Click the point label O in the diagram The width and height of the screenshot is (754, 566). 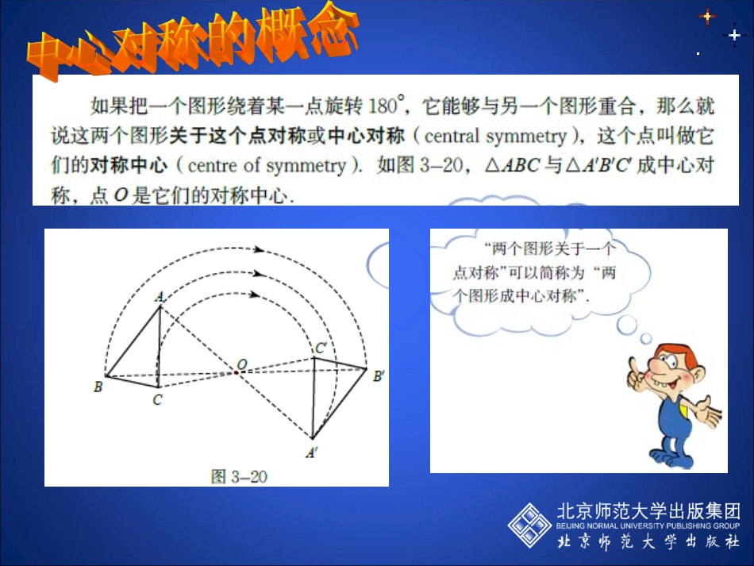pyautogui.click(x=241, y=363)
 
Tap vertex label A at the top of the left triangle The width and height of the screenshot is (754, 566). pyautogui.click(x=159, y=296)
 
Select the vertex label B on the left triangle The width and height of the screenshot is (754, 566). pyautogui.click(x=97, y=387)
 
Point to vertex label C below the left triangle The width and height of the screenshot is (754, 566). pyautogui.click(x=157, y=400)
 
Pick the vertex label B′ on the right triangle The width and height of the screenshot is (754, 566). pyautogui.click(x=379, y=376)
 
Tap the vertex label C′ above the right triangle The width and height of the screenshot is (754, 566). pyautogui.click(x=321, y=347)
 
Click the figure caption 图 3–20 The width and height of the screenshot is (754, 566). pyautogui.click(x=238, y=476)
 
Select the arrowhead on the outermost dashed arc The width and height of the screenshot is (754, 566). pyautogui.click(x=258, y=249)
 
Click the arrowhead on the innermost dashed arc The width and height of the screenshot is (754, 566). pyautogui.click(x=254, y=295)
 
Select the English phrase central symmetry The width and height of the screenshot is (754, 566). pyautogui.click(x=495, y=136)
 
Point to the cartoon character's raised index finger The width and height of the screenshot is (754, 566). pyautogui.click(x=635, y=368)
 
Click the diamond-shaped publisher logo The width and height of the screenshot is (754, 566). pyautogui.click(x=529, y=526)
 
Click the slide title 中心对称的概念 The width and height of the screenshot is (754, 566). pyautogui.click(x=190, y=44)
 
